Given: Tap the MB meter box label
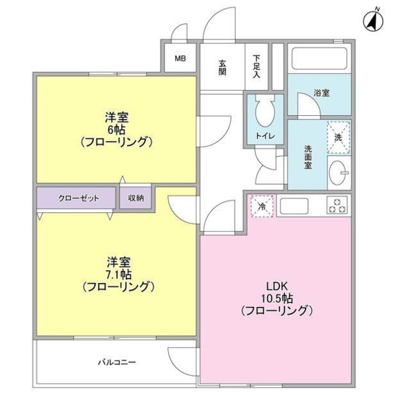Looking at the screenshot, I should point(180,59).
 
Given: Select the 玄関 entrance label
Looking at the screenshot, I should point(222,67).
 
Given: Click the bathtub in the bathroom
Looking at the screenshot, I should point(318,62).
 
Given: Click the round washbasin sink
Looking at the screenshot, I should point(338,172).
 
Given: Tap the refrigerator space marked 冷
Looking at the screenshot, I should point(261,206).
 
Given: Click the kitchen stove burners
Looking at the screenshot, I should point(337,205).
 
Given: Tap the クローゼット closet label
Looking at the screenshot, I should point(79,198).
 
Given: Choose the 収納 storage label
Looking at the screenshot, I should point(136,198).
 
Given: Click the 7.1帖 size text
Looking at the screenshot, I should point(117,275).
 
